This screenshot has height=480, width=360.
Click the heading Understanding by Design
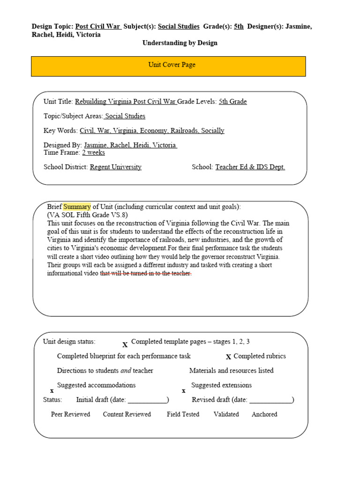click(x=180, y=43)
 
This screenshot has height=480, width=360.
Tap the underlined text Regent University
click(x=115, y=167)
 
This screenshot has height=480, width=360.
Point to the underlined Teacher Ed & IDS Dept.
click(x=250, y=167)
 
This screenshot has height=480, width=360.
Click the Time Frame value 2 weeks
click(x=93, y=153)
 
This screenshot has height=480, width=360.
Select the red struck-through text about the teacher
click(x=146, y=274)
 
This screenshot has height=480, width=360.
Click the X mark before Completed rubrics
click(x=229, y=357)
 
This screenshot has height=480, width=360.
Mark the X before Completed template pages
click(x=125, y=345)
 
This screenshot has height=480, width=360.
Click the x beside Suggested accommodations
click(x=52, y=390)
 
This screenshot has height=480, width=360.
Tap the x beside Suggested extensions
click(x=183, y=390)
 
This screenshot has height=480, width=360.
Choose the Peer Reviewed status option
click(x=70, y=414)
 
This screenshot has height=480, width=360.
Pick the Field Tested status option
click(x=183, y=414)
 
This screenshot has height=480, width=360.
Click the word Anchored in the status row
click(x=264, y=414)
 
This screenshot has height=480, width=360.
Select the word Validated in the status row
click(x=226, y=414)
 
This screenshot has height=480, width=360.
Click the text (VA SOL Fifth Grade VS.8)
click(x=87, y=215)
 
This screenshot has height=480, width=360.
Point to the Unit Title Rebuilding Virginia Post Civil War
click(x=126, y=102)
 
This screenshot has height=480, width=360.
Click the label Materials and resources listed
click(x=231, y=371)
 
